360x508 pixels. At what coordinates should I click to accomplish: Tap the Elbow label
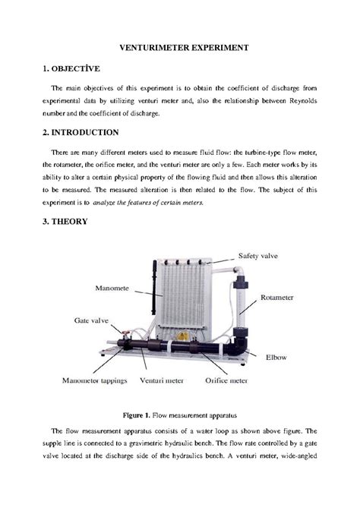(276, 355)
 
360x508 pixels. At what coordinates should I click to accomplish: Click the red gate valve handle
(122, 336)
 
